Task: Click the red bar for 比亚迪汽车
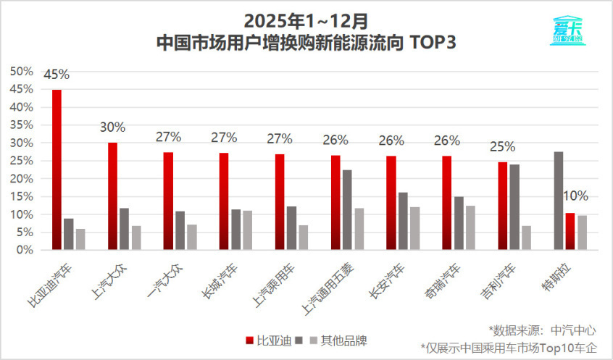[57, 169]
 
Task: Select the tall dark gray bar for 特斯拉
[558, 201]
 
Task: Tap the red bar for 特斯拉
[570, 232]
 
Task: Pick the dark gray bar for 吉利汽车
[514, 207]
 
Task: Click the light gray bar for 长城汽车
[247, 230]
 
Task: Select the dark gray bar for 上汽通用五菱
[347, 210]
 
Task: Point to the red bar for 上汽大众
[113, 196]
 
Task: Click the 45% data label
[57, 75]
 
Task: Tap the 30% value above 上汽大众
[112, 127]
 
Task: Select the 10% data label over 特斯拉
[576, 196]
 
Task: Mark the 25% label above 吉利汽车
[502, 146]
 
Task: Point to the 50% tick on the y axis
[21, 71]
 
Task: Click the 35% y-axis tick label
[21, 125]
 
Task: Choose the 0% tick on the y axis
[24, 250]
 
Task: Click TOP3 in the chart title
[433, 42]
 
